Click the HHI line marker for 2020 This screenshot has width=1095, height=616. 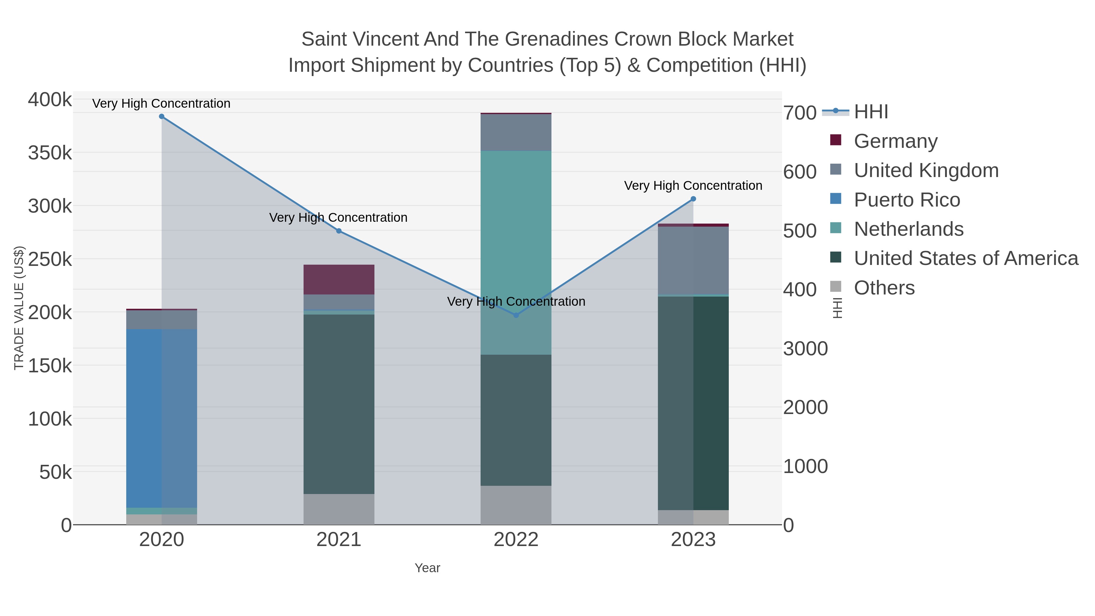[x=162, y=117]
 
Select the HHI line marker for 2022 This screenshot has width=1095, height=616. [x=516, y=315]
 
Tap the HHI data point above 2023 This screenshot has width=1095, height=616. [x=693, y=199]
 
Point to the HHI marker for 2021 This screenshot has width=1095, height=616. [x=339, y=231]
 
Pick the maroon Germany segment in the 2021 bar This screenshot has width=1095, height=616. [x=339, y=279]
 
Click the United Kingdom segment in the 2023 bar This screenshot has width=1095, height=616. [x=693, y=260]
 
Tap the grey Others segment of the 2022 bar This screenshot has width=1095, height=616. [x=516, y=505]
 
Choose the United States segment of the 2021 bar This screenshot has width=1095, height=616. [x=339, y=404]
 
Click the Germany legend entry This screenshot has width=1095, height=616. [x=895, y=141]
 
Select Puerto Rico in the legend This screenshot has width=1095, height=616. [x=907, y=200]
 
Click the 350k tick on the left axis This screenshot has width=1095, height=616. [x=50, y=153]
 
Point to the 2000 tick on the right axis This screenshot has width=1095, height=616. [x=805, y=407]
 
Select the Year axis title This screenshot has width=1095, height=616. [x=427, y=568]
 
